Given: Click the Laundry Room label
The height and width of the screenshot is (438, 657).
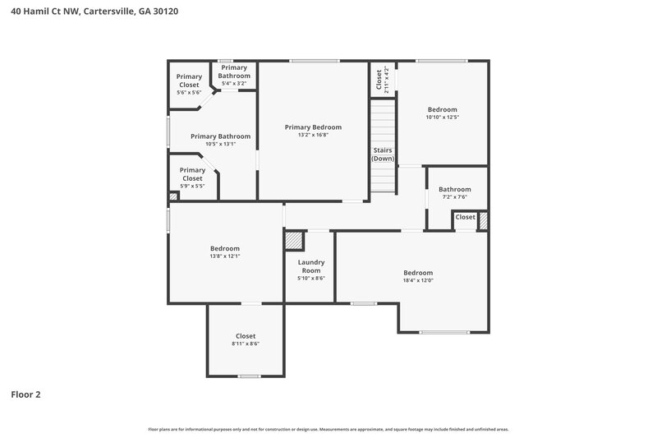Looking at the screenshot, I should click(x=310, y=266).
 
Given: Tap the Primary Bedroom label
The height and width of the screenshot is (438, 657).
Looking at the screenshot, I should click(x=313, y=127).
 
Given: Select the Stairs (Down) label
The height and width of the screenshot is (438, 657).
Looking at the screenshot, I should click(x=383, y=154).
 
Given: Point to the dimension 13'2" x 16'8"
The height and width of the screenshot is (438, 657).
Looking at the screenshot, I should click(x=313, y=136).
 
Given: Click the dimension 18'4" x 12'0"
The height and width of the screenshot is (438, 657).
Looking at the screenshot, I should click(x=417, y=281).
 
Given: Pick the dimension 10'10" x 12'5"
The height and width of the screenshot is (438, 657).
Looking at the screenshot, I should click(x=442, y=118).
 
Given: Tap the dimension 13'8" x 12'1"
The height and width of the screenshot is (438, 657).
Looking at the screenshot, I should click(x=224, y=256).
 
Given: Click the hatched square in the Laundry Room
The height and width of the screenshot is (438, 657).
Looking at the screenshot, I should click(x=293, y=239).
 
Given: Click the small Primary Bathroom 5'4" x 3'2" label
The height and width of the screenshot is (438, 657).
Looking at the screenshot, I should click(x=234, y=76).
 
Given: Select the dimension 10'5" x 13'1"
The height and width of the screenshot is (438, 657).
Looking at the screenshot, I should click(x=220, y=145).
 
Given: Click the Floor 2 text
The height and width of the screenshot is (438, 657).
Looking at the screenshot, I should click(x=25, y=394).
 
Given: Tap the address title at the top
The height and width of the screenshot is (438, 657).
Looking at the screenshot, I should click(x=94, y=12).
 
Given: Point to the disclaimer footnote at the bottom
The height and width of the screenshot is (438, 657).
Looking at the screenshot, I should click(x=328, y=429).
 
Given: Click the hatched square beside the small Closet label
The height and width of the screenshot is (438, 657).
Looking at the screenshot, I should click(x=483, y=220).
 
